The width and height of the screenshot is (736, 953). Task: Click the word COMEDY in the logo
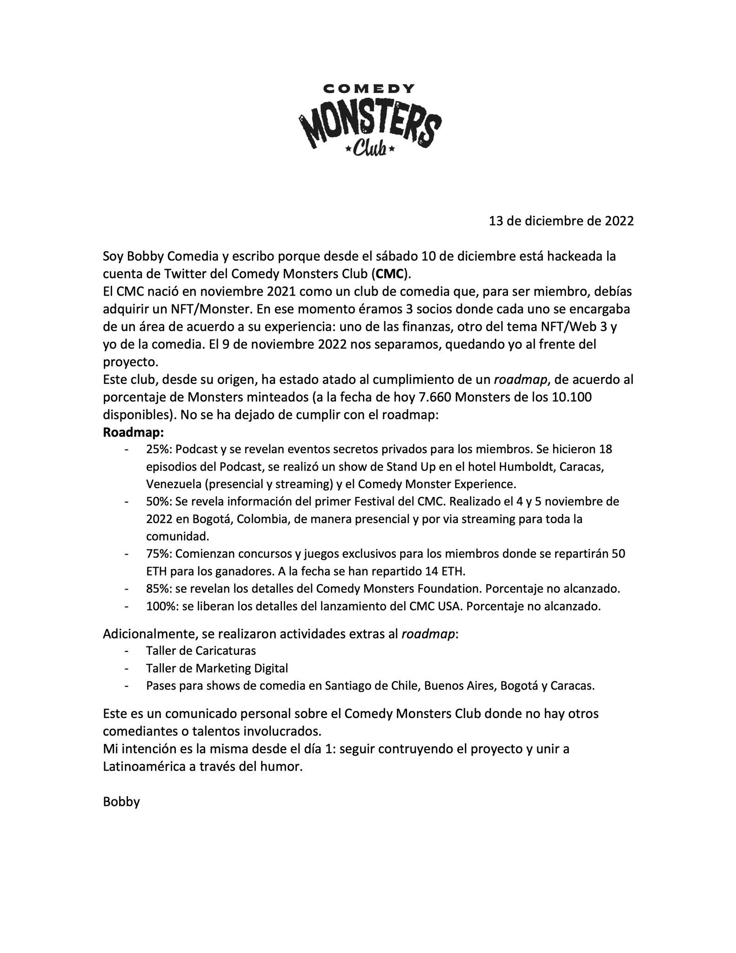coord(369,89)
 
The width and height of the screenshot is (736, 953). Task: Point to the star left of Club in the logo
coord(348,150)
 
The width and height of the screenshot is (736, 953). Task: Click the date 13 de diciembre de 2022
coord(561,221)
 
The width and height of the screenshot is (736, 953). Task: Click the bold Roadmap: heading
coord(134,432)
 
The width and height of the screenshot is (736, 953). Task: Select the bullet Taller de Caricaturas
coord(201,651)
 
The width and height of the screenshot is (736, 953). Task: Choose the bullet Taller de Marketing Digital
coord(217,668)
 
